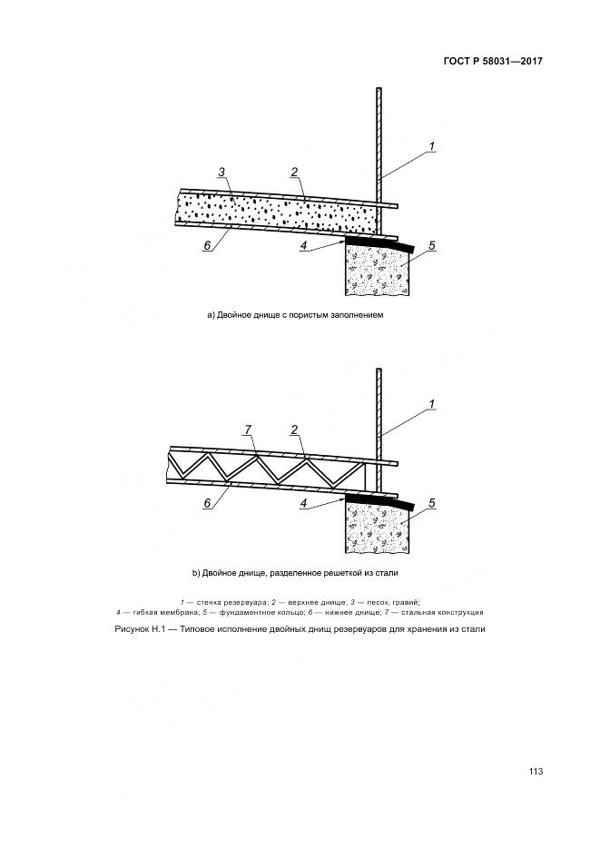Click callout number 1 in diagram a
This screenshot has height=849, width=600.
433,147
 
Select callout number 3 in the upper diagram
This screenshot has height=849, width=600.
221,172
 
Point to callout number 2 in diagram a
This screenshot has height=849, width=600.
294,172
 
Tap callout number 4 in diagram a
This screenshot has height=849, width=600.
304,245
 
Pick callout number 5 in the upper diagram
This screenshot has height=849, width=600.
431,246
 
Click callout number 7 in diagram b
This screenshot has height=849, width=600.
248,427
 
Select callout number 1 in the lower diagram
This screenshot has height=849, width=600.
433,404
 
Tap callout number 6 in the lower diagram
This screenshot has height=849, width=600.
207,503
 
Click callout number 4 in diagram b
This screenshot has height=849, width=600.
304,501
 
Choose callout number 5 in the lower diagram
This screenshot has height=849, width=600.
431,502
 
